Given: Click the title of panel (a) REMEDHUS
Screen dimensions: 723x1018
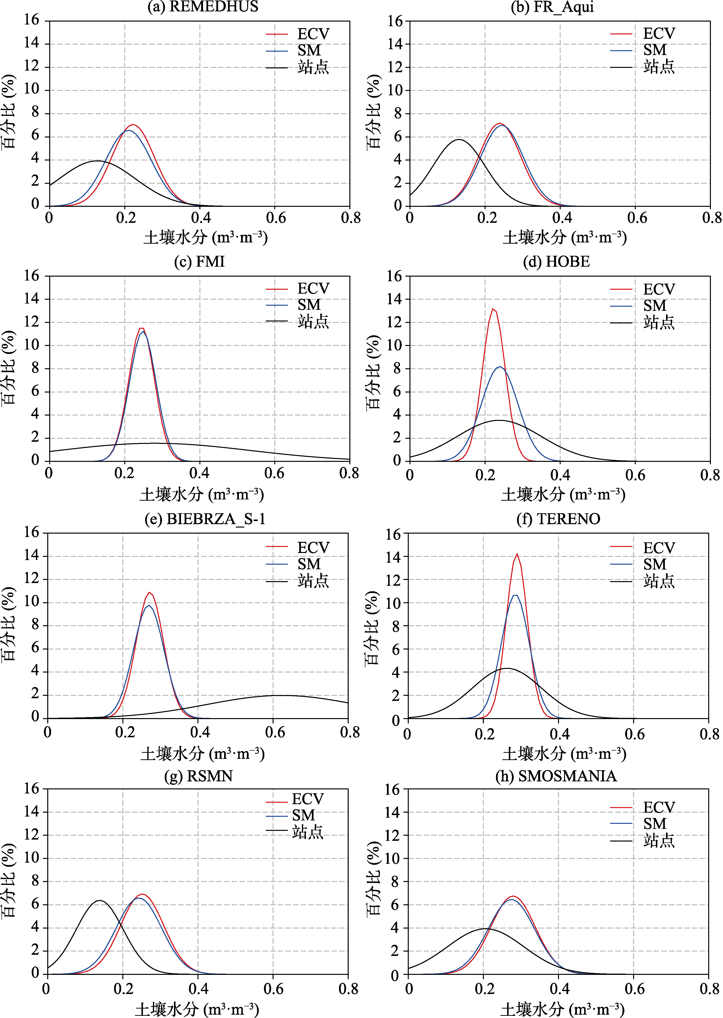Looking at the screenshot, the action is [x=203, y=7].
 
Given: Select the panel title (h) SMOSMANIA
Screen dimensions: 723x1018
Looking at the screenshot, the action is [x=556, y=776].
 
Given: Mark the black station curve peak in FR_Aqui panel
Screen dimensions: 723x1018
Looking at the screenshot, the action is [x=459, y=139].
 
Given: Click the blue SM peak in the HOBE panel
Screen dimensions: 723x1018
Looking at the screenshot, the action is [x=500, y=367].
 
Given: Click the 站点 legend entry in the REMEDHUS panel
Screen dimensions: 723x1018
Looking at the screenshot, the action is [x=297, y=67].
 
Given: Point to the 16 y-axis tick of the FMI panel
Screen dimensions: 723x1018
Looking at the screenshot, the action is [x=31, y=276].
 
